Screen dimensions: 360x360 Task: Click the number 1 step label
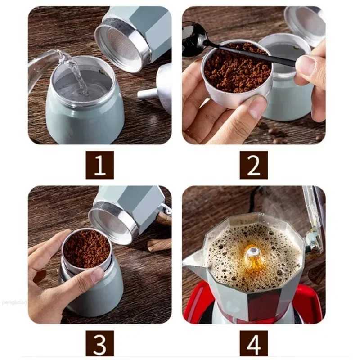pos(99,165)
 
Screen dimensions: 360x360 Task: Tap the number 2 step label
pos(253,165)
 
